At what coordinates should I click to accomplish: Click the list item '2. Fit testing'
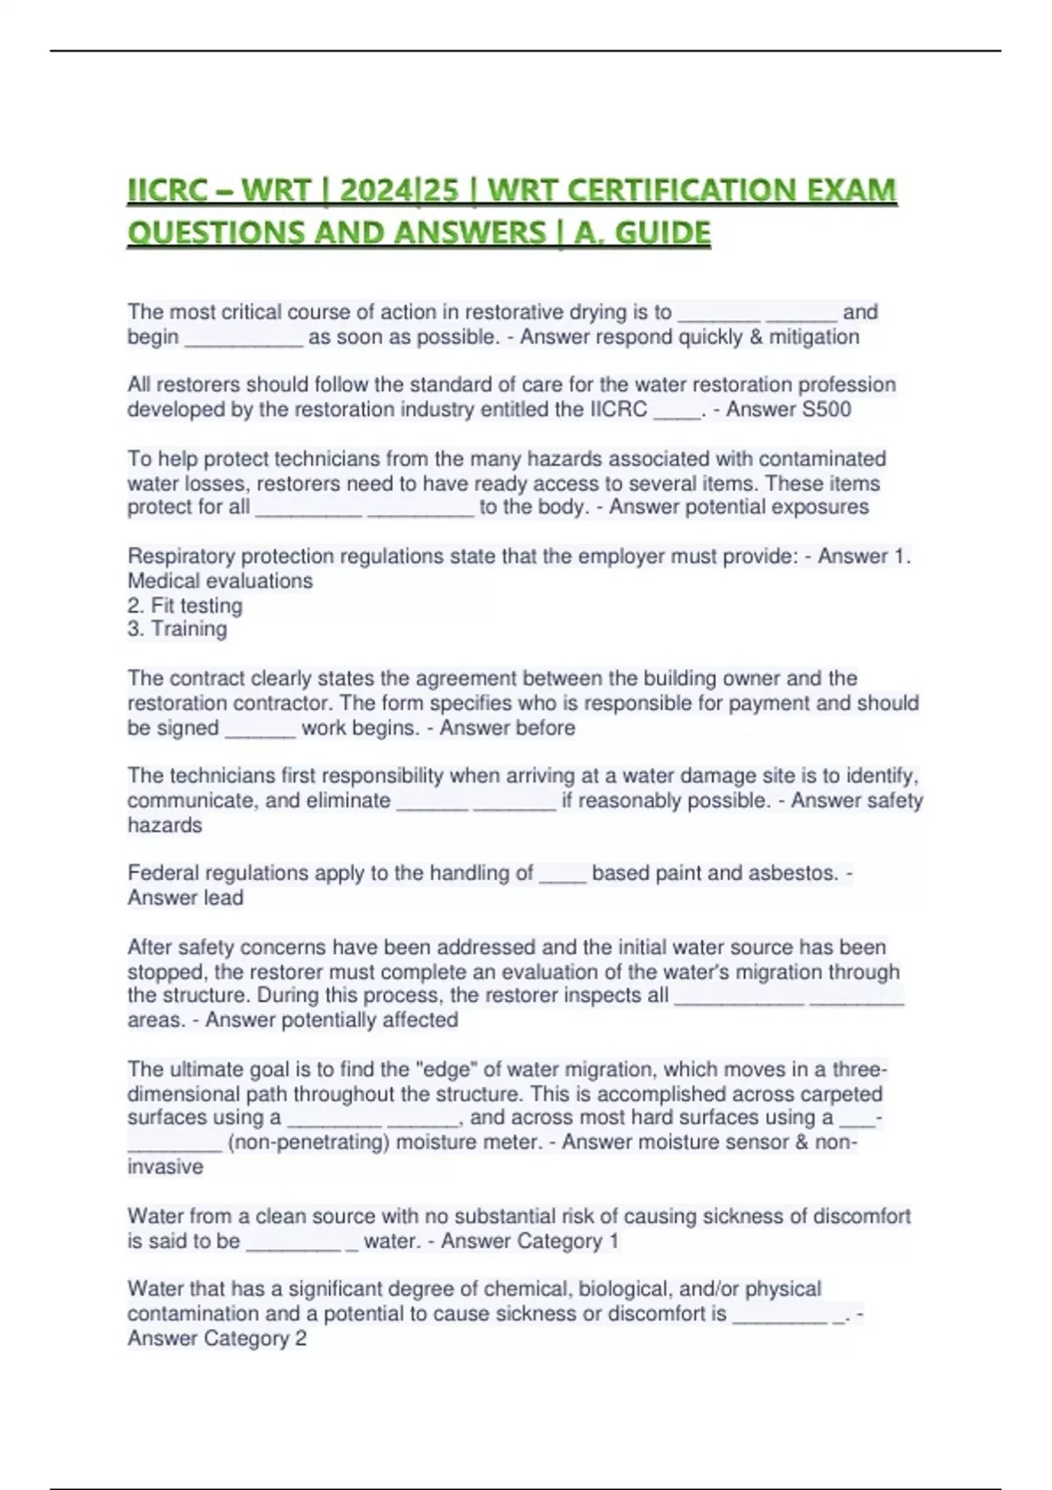(185, 605)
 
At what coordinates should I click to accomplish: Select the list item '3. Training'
(177, 628)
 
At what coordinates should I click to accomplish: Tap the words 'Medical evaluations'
(220, 580)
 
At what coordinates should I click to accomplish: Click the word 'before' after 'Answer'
(546, 727)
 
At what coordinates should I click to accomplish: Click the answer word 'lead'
(224, 898)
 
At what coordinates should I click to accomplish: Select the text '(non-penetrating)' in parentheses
(308, 1142)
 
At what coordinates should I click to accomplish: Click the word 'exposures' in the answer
(825, 507)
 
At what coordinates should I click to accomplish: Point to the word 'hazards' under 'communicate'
(165, 825)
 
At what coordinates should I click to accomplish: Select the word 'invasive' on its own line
(165, 1167)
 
